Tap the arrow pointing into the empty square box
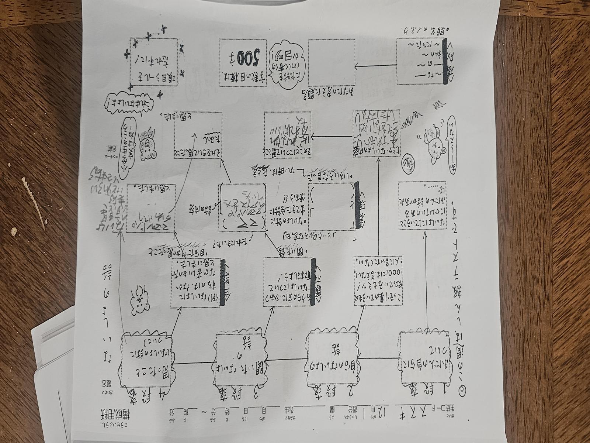[376, 67]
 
